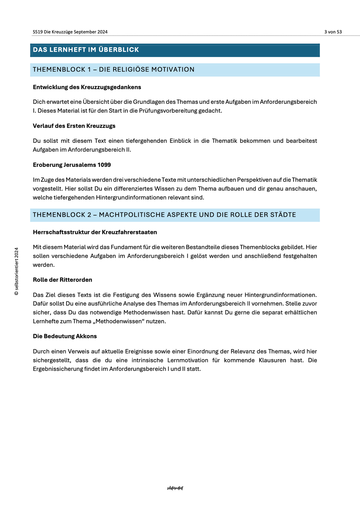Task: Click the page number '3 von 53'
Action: click(333, 32)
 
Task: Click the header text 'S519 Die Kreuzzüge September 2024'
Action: click(70, 32)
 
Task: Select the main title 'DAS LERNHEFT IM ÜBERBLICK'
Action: click(86, 50)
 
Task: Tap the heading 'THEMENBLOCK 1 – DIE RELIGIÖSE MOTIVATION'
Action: click(114, 69)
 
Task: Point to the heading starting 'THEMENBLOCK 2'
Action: click(164, 215)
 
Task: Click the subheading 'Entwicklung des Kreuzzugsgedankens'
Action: click(87, 87)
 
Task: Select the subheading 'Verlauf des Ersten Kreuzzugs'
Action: click(74, 126)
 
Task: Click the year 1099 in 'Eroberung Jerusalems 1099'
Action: click(104, 165)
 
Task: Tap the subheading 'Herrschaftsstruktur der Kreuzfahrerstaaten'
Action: click(95, 232)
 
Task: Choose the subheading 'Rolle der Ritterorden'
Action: click(62, 280)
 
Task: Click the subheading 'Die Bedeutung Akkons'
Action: click(65, 336)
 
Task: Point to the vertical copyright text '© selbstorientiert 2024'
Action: click(16, 271)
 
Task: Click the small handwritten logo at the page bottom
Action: click(175, 488)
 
